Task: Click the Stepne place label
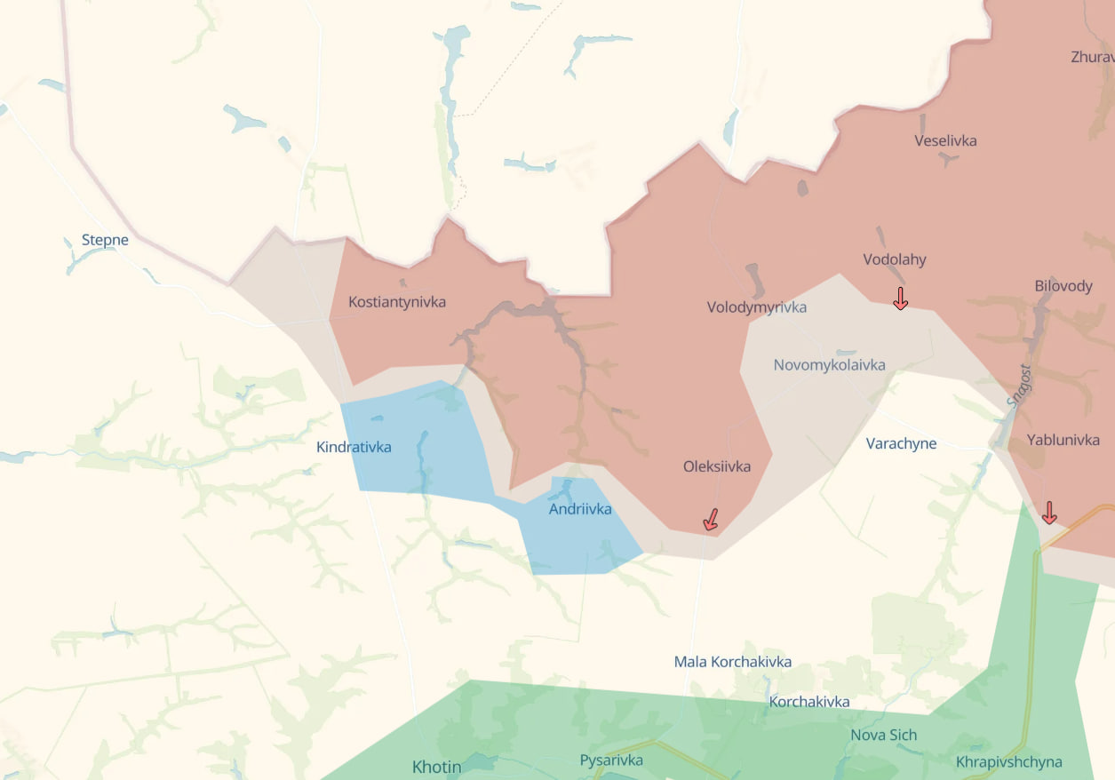(105, 240)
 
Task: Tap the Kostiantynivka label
(397, 302)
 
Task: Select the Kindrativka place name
(354, 447)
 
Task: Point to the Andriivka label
(580, 509)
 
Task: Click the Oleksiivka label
(717, 466)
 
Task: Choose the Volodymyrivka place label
(757, 307)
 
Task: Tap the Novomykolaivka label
(829, 365)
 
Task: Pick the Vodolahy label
(895, 259)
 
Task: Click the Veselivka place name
(945, 140)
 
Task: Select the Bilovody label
(1063, 286)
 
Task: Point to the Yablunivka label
(1063, 440)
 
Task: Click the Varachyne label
(901, 443)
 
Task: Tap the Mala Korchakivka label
(733, 662)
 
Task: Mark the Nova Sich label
(883, 735)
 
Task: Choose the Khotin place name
(436, 766)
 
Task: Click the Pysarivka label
(611, 760)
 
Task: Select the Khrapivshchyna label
(1008, 762)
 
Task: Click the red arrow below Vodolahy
(900, 298)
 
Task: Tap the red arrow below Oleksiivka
(711, 520)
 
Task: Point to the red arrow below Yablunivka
(1049, 513)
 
